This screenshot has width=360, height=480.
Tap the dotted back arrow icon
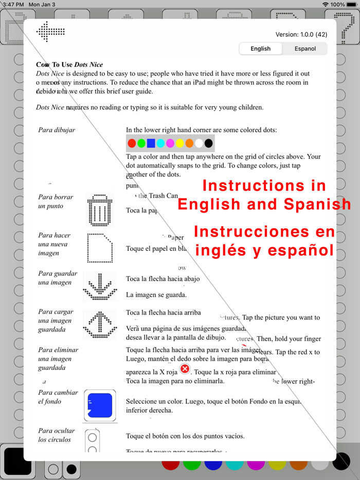[x=50, y=32]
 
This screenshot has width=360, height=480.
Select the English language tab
[x=260, y=49]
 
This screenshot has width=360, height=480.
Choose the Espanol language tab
[x=305, y=49]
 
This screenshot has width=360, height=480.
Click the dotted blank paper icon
[x=100, y=248]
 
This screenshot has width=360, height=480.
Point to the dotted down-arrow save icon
[x=100, y=286]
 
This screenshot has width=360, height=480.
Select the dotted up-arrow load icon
[x=100, y=324]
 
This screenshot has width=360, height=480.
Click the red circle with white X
[x=185, y=369]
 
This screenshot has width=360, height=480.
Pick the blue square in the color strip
[x=151, y=143]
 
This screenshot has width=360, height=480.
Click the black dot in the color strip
[x=208, y=143]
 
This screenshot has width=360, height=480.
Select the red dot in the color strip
[x=132, y=143]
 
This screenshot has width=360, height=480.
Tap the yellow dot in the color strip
[x=179, y=143]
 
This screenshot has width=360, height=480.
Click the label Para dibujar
[x=57, y=130]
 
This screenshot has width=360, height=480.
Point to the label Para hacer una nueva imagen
[x=55, y=244]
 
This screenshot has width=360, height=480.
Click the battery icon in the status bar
[x=352, y=5]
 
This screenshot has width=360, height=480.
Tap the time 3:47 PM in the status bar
[x=13, y=5]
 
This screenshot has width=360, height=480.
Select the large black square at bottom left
[x=18, y=461]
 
